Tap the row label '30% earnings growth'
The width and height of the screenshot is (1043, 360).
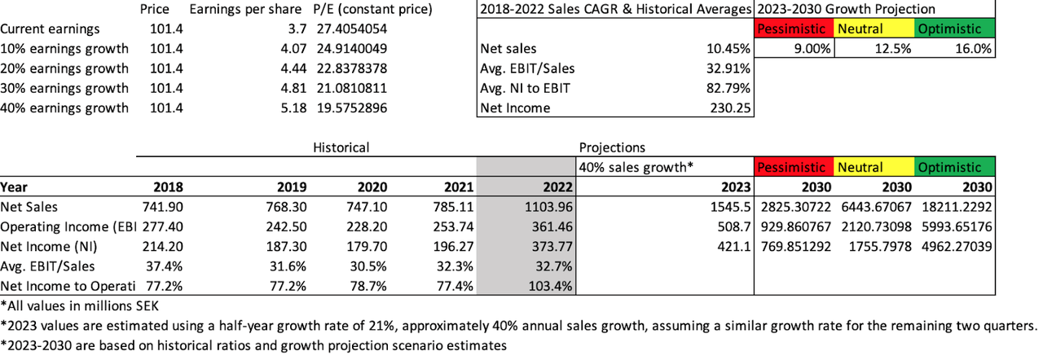(64, 88)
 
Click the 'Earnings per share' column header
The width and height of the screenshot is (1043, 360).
(247, 10)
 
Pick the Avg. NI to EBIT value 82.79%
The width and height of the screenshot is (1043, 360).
(730, 88)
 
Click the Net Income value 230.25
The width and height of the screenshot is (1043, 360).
(732, 108)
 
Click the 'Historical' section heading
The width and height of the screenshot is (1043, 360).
(341, 147)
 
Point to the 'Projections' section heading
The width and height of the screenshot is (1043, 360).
(611, 147)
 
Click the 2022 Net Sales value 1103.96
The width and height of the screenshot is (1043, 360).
(548, 207)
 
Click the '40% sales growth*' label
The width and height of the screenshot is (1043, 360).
(636, 167)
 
